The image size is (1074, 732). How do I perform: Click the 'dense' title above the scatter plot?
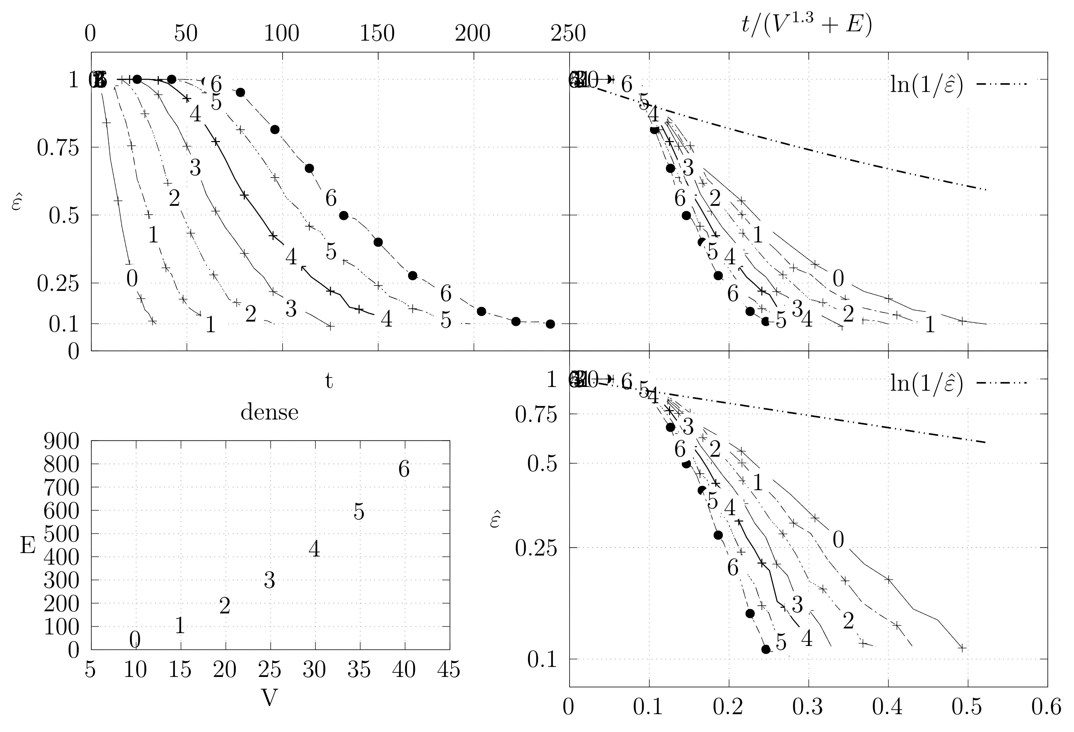pos(269,412)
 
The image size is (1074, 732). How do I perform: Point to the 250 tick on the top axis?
pos(568,34)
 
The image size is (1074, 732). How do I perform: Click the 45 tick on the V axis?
pos(448,669)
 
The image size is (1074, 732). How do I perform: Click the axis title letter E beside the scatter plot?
pos(28,546)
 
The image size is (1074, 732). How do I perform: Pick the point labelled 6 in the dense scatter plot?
pos(404,470)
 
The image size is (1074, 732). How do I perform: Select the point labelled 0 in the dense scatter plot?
pos(135,640)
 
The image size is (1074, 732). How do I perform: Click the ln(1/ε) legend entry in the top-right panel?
pos(927,84)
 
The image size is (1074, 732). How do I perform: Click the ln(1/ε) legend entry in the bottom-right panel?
pos(927,382)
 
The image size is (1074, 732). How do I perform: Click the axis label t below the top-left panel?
pos(329,381)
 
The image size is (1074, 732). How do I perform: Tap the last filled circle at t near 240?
pos(550,324)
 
